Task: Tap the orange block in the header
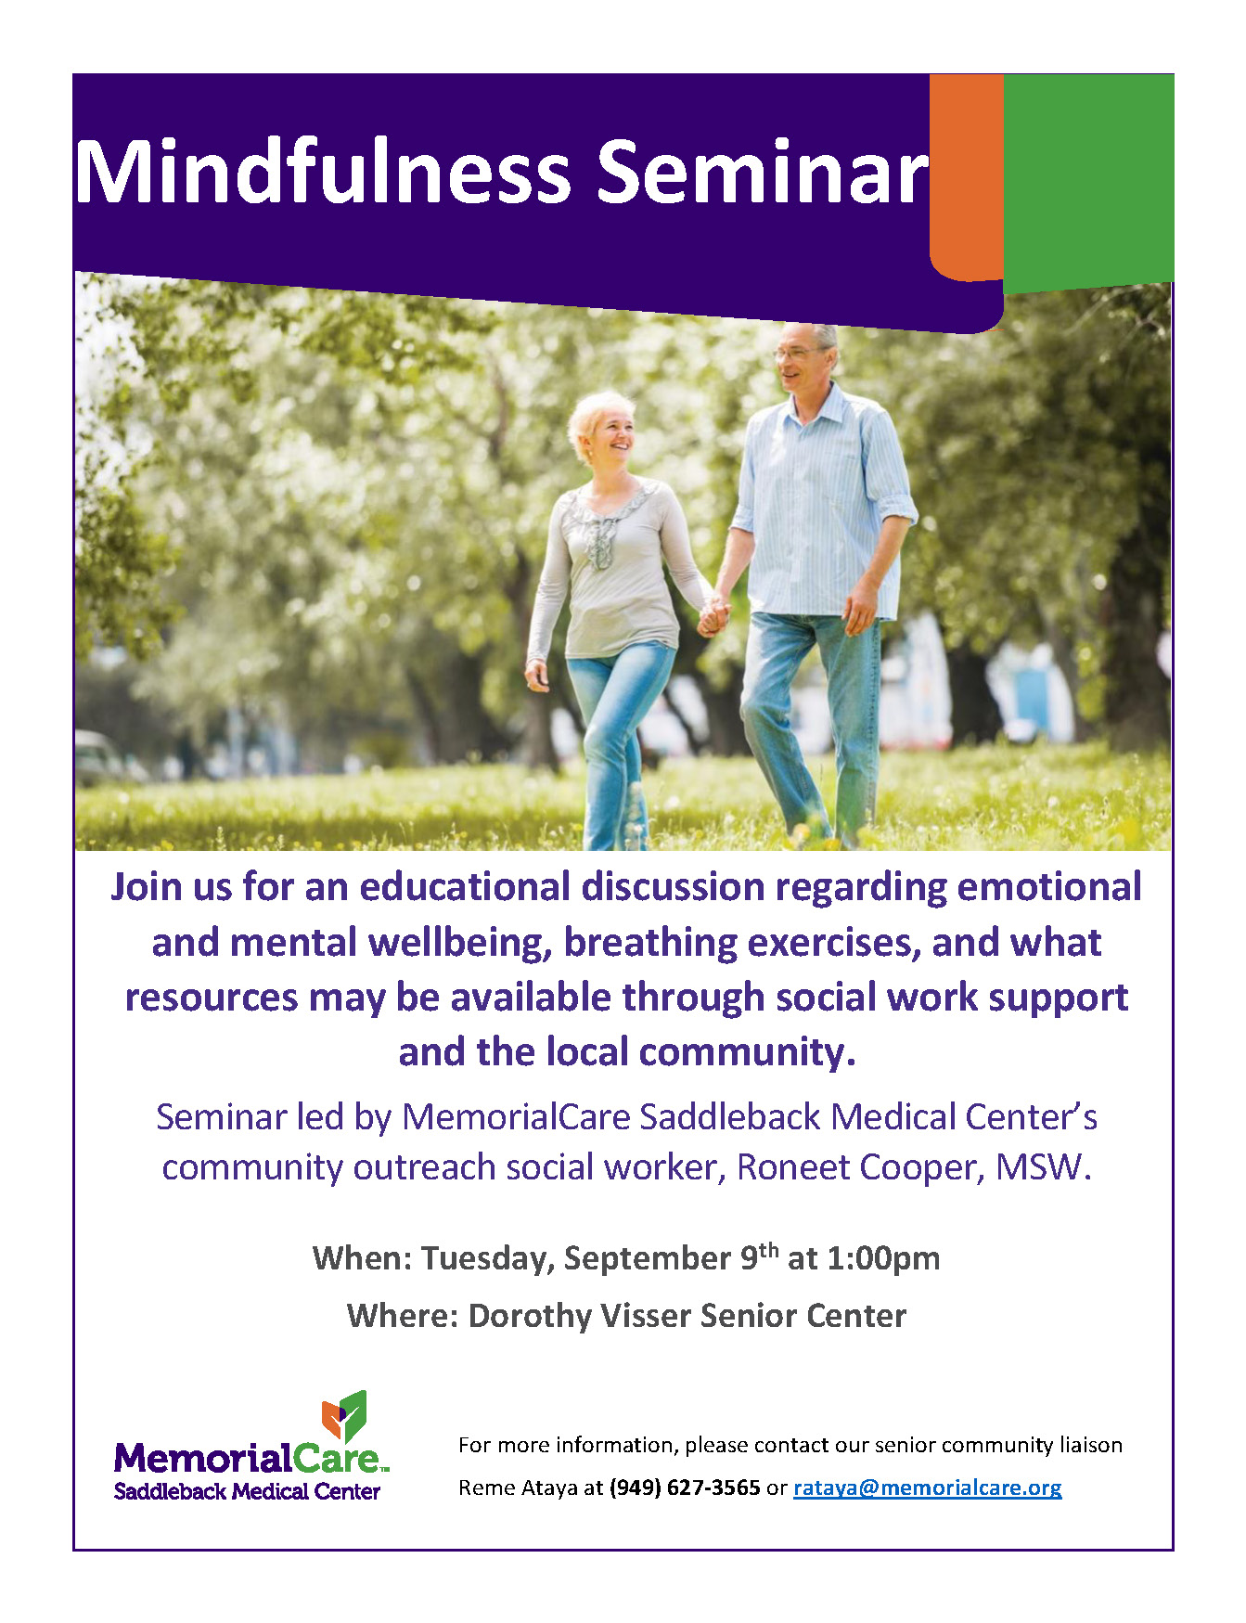(x=966, y=176)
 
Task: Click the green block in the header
(x=1088, y=181)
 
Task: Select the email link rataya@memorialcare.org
(x=927, y=1488)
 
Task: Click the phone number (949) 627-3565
(x=685, y=1488)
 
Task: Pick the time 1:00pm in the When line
(x=883, y=1258)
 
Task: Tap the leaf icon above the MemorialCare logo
(x=344, y=1416)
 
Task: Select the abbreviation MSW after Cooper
(x=1039, y=1167)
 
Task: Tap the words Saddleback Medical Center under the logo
(x=247, y=1491)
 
